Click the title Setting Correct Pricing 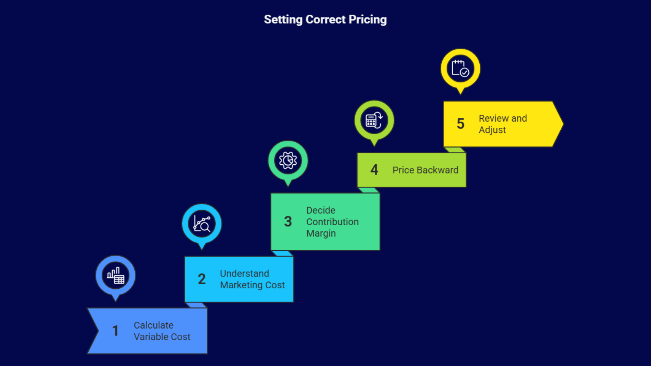click(325, 20)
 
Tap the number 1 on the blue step click(116, 331)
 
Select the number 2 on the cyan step click(202, 279)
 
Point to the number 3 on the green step click(288, 222)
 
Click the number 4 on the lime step click(374, 170)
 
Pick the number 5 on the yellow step click(461, 124)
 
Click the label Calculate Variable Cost click(162, 331)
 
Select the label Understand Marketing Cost click(252, 279)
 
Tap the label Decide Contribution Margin click(332, 222)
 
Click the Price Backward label click(425, 170)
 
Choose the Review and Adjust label click(502, 124)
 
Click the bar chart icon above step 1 click(116, 276)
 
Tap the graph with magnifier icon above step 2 click(202, 224)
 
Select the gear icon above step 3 click(288, 161)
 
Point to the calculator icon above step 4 click(374, 120)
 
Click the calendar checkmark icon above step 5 click(461, 69)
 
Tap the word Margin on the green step click(321, 233)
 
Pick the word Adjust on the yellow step click(492, 130)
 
